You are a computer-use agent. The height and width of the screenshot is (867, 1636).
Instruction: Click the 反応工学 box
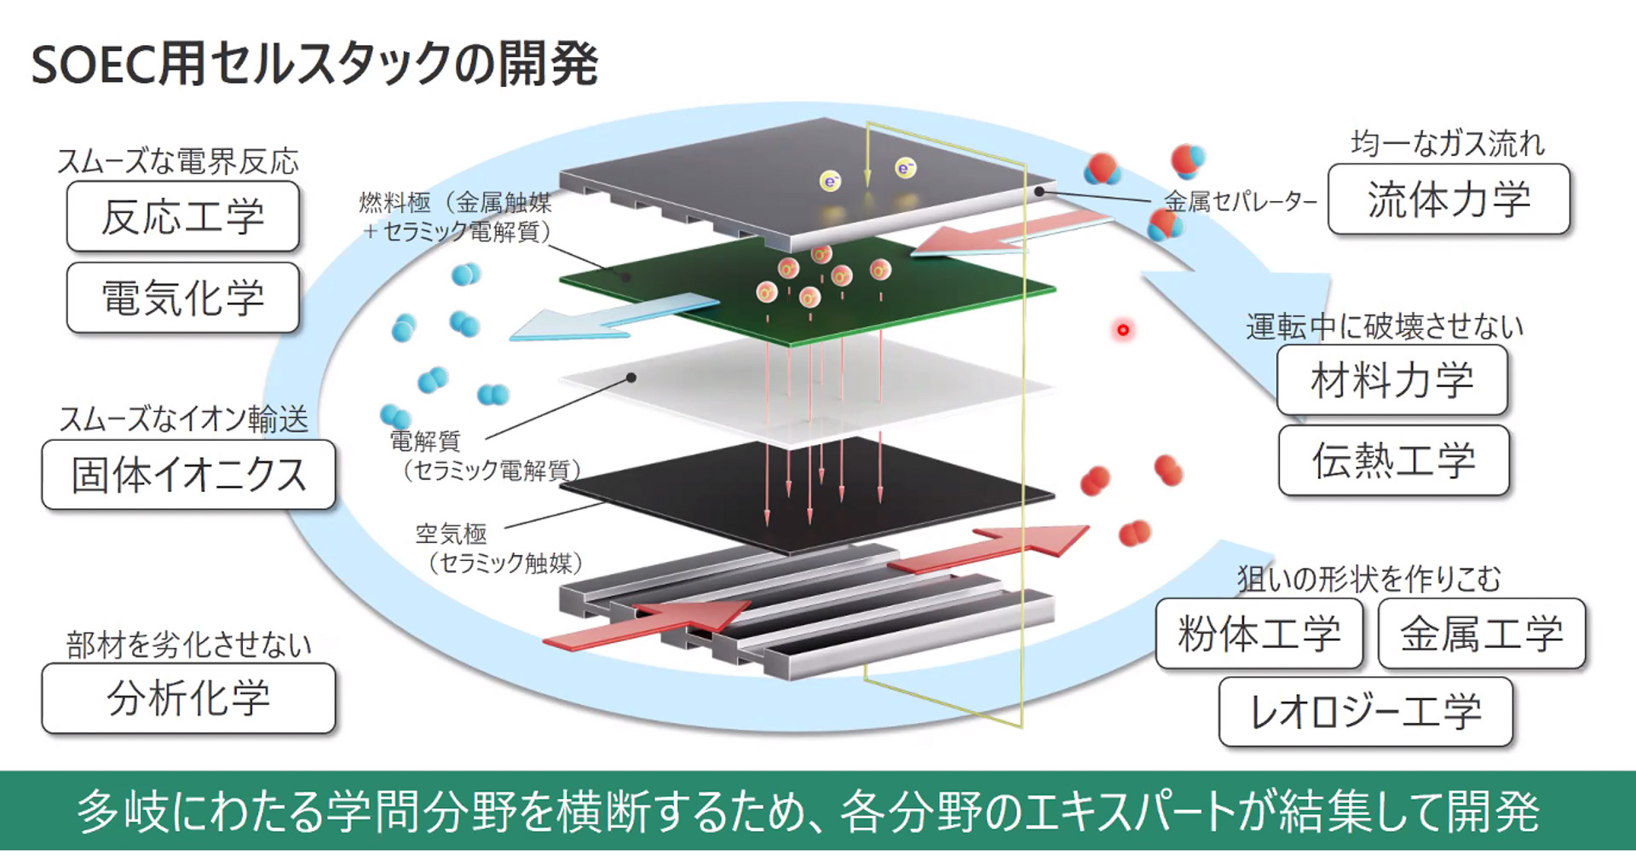coord(182,217)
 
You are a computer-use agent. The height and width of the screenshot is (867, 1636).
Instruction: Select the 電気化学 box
coord(182,298)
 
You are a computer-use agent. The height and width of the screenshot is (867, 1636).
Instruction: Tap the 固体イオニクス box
coord(188,475)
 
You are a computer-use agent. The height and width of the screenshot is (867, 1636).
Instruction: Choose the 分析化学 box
coord(188,698)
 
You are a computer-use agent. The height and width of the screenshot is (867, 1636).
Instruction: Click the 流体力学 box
coord(1449,199)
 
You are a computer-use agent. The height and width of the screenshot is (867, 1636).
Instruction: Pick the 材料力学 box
coord(1391,380)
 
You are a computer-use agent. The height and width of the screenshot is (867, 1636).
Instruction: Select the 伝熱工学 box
coord(1393,461)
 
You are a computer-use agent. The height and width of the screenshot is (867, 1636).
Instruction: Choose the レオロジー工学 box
coord(1365,712)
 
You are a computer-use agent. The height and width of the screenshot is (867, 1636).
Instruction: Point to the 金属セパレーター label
coord(1240,203)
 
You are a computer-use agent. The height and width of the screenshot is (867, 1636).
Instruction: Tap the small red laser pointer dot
coord(1123,330)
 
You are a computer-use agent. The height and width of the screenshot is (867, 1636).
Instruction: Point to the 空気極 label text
coord(451,535)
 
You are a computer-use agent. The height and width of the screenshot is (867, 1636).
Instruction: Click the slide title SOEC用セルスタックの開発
coord(314,64)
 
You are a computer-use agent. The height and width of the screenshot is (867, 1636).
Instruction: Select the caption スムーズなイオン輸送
coord(183,419)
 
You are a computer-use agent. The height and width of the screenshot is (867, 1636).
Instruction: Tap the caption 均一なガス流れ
coord(1448,144)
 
